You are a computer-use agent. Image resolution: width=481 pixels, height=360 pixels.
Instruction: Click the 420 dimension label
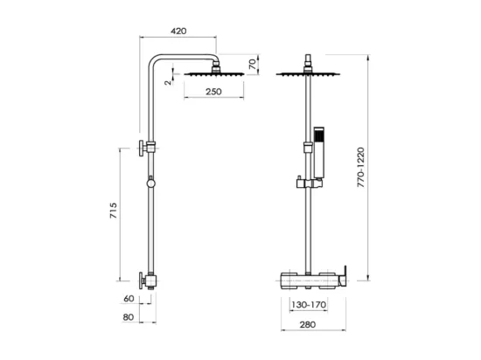coord(178,31)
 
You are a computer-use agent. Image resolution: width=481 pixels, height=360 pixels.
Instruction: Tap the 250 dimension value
coord(213,92)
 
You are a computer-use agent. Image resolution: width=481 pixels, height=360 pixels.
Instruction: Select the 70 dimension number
coord(253,65)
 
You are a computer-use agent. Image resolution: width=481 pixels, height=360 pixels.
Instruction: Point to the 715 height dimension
coord(114,211)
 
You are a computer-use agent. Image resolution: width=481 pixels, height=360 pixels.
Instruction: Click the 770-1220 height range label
coord(361,167)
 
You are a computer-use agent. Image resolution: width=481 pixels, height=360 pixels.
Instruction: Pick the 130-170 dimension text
coord(309,305)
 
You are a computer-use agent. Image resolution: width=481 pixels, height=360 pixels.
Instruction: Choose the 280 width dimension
coord(307,324)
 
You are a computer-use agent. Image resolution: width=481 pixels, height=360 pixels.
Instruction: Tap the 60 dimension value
coord(129,299)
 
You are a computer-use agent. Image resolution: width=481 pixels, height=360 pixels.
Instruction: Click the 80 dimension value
coord(129,317)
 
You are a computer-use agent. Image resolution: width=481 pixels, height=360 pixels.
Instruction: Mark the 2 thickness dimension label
coord(168,82)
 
